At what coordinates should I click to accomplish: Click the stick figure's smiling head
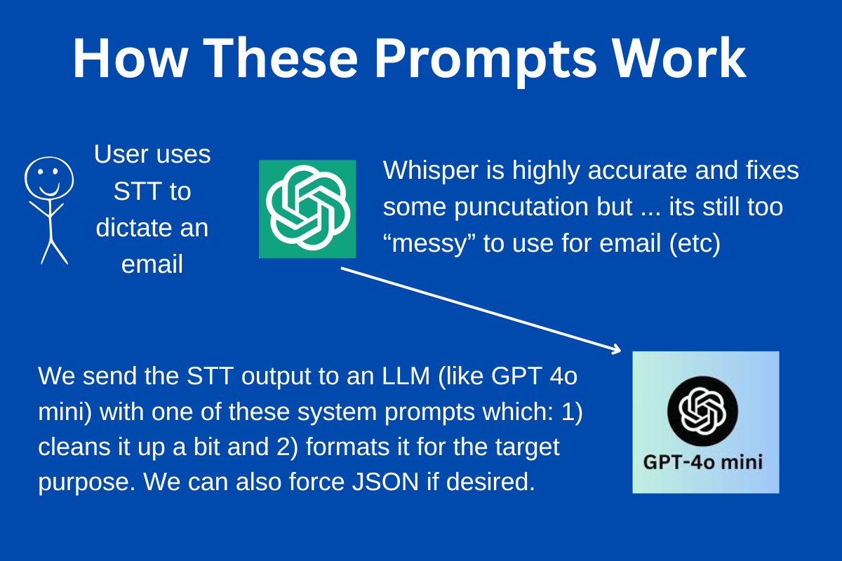coord(49,177)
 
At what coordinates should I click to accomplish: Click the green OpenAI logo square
coord(307,208)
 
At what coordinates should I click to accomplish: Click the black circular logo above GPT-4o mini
coord(702,410)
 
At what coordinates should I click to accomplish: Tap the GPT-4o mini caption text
coord(703,463)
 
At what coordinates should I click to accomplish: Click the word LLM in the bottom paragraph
coord(403,377)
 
